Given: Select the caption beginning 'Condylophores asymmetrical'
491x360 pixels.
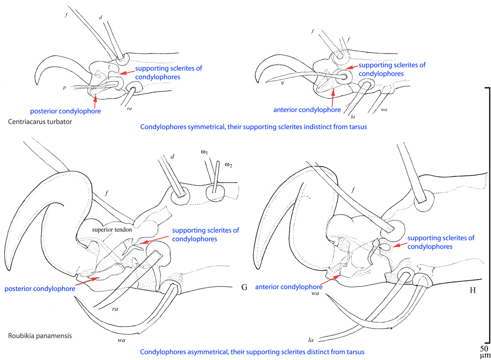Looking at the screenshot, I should tap(253, 352).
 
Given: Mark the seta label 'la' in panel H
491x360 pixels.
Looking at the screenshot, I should tap(311, 339).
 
